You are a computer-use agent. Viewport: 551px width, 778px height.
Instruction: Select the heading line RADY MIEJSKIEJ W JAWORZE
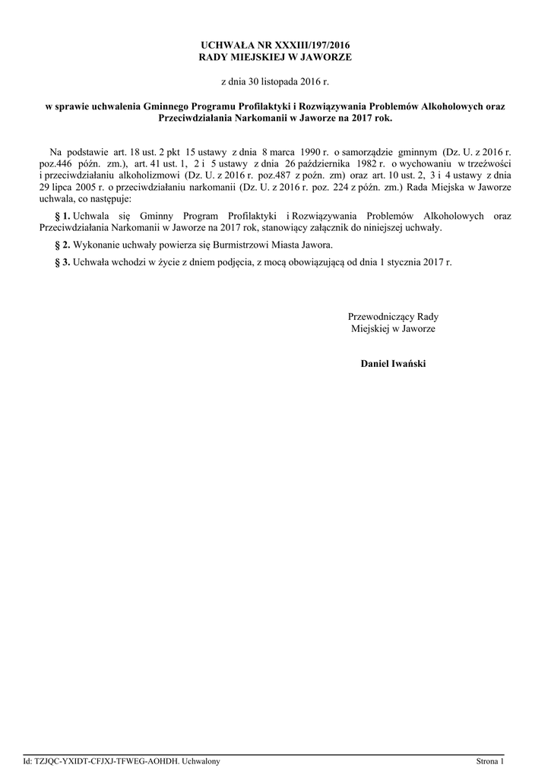pyautogui.click(x=275, y=57)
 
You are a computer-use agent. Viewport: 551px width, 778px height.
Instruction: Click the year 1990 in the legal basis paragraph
pyautogui.click(x=314, y=153)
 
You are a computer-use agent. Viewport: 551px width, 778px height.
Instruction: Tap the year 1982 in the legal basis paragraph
pyautogui.click(x=363, y=164)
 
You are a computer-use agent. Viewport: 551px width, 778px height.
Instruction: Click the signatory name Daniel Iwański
pyautogui.click(x=393, y=364)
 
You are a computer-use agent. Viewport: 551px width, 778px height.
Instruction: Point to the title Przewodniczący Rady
pyautogui.click(x=393, y=317)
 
